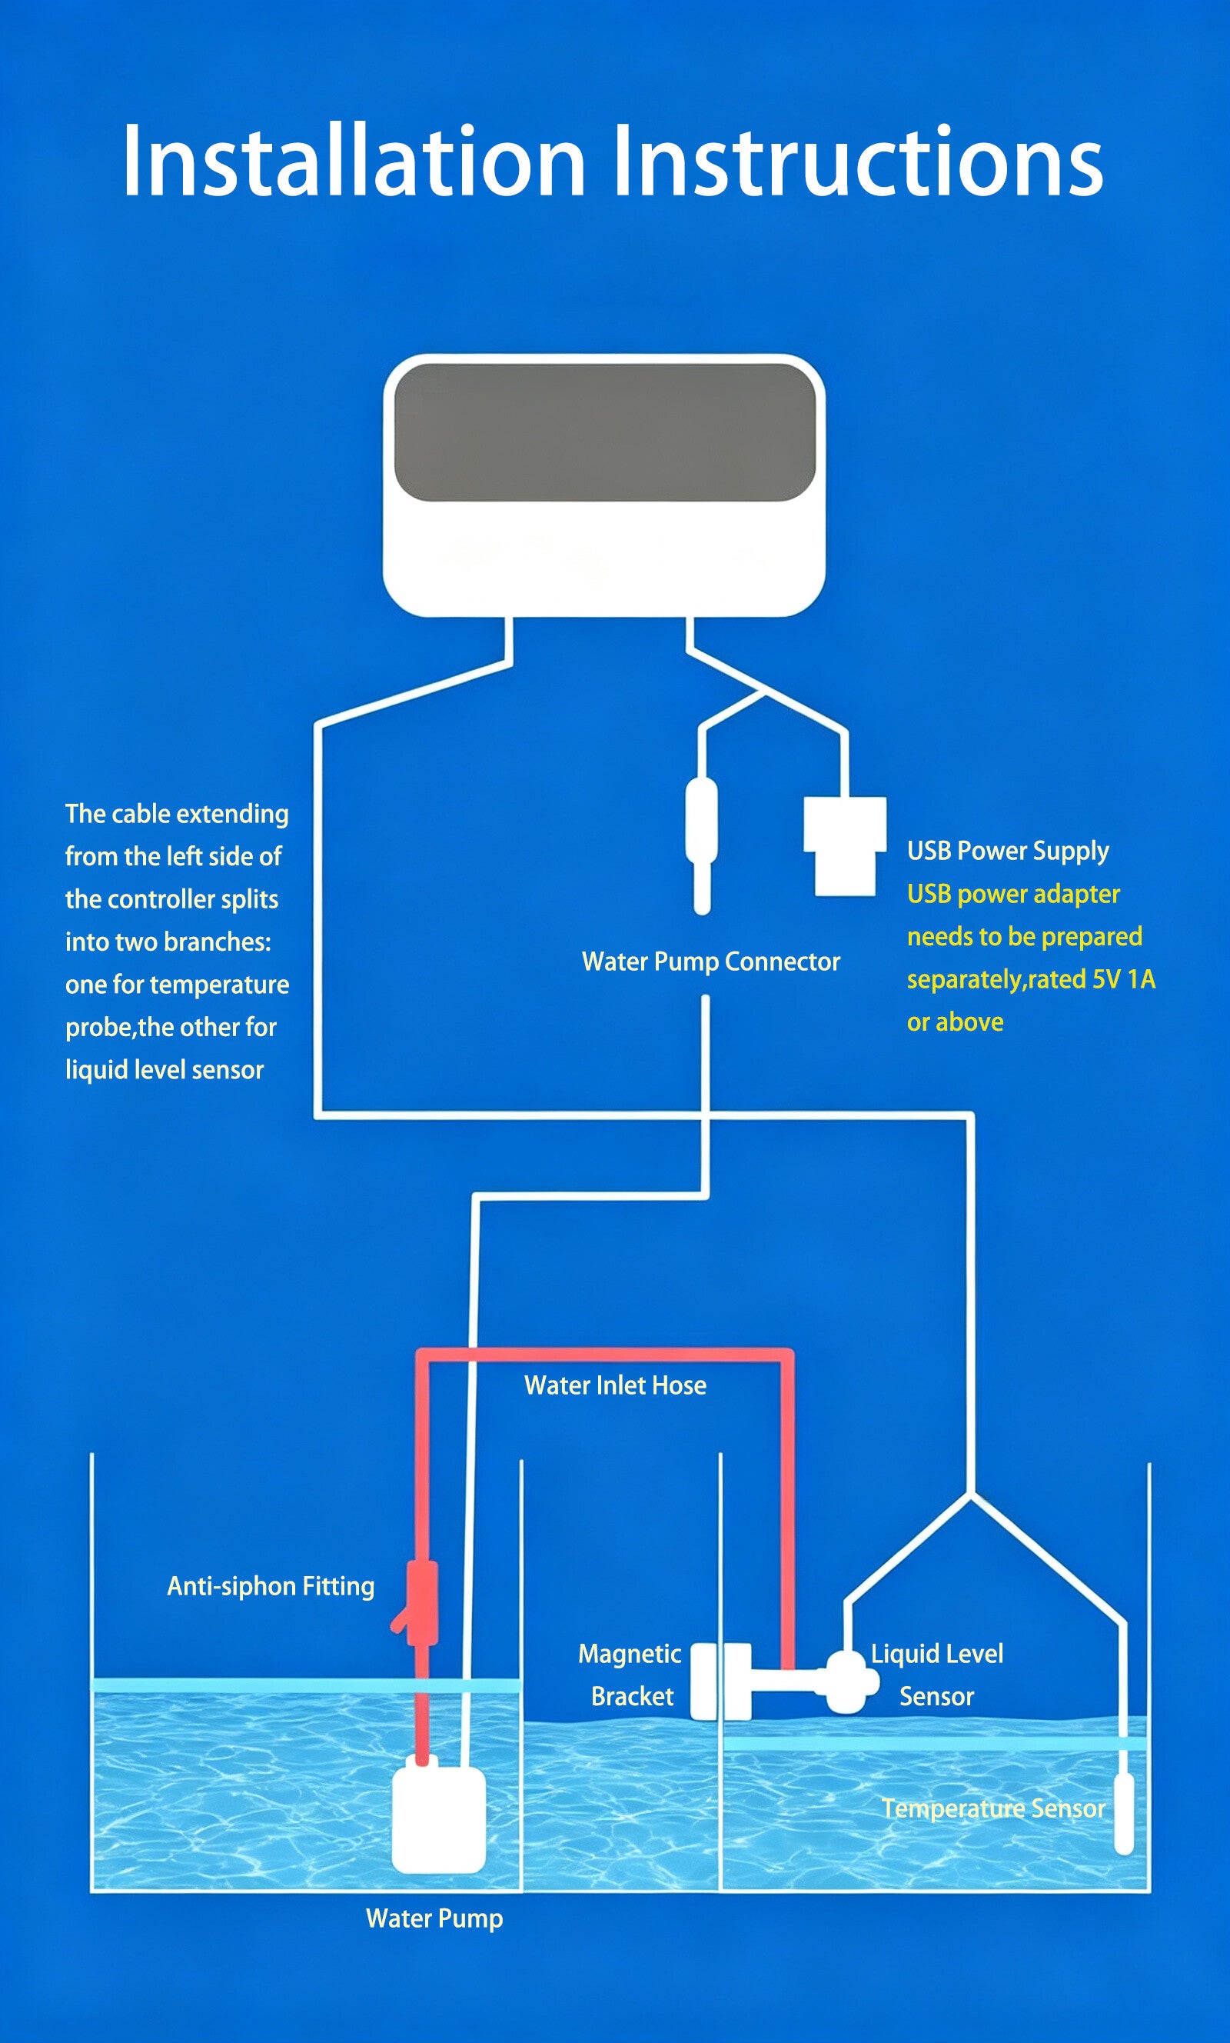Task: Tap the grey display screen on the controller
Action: [x=605, y=432]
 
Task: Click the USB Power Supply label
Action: [x=1008, y=852]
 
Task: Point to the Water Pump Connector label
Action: [x=711, y=962]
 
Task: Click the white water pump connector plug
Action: [x=701, y=845]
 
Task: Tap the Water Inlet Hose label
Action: [x=615, y=1385]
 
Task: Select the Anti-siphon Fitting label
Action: [x=271, y=1586]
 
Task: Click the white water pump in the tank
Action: [x=438, y=1819]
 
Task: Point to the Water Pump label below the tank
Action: [x=434, y=1918]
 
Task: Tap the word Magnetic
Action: [x=630, y=1654]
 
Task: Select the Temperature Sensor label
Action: [x=993, y=1808]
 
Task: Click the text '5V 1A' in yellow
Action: [x=1123, y=979]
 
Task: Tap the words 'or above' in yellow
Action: [x=955, y=1022]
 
